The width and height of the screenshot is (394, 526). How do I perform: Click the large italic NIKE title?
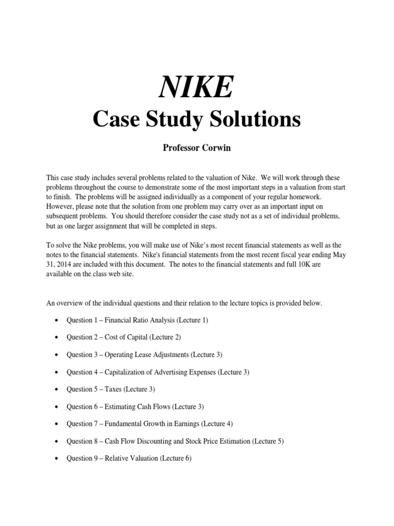197,87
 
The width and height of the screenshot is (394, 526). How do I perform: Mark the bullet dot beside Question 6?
55,407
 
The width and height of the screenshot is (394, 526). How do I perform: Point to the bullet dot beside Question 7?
55,424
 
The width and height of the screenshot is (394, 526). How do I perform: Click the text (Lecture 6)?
175,458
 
